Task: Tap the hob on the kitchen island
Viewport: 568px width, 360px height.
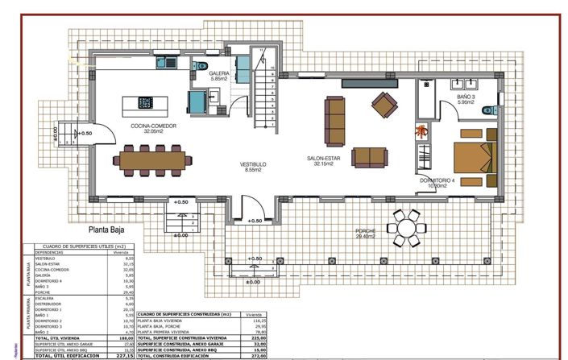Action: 146,102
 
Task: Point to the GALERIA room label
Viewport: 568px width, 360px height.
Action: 220,74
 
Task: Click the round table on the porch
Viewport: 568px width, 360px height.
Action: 405,226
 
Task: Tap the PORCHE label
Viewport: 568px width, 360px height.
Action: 366,231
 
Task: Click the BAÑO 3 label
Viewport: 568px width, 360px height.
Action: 467,97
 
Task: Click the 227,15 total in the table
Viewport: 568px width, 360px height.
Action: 122,354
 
